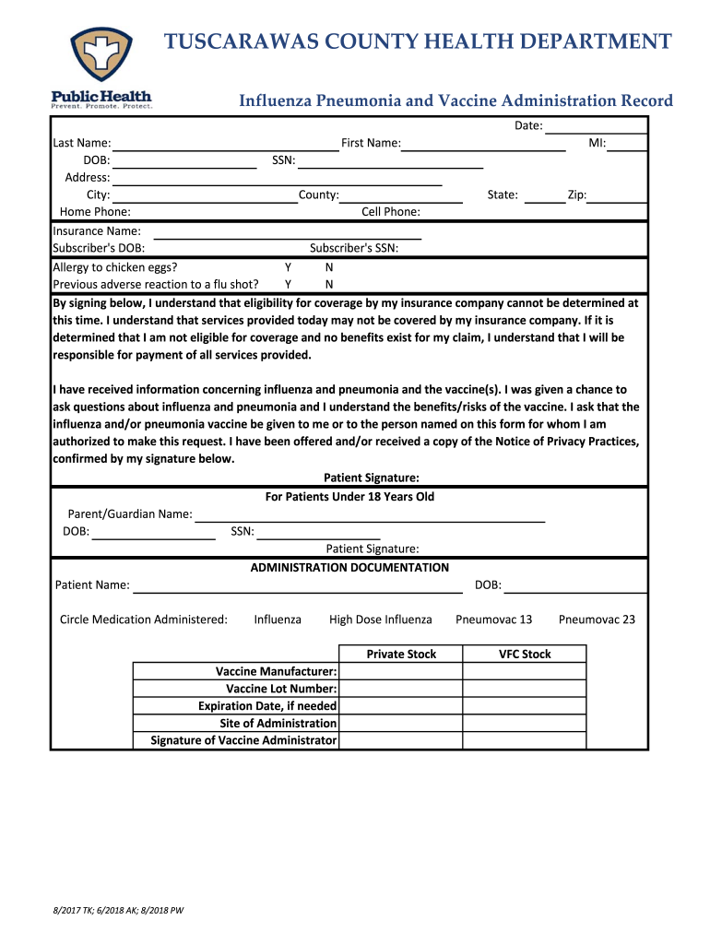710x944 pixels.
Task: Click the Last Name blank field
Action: (225, 143)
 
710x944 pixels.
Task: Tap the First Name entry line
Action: (483, 143)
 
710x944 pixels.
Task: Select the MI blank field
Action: (627, 143)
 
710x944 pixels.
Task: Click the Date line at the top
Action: (595, 126)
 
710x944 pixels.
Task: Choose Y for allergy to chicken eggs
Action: (289, 267)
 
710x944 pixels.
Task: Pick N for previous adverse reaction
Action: (329, 284)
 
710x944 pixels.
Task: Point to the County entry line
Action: (401, 195)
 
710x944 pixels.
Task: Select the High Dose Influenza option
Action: (380, 619)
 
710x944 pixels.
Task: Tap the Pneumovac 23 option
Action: (597, 619)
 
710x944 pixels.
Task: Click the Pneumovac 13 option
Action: (493, 619)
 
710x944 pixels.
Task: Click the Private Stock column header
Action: (401, 655)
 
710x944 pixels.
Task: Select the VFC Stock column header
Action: (525, 655)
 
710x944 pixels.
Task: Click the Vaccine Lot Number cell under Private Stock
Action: (401, 689)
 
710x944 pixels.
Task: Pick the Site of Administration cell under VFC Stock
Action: (525, 724)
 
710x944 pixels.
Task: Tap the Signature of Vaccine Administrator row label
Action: (243, 740)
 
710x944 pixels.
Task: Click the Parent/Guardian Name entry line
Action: (369, 514)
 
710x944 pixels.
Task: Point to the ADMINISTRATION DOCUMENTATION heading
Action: (349, 568)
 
